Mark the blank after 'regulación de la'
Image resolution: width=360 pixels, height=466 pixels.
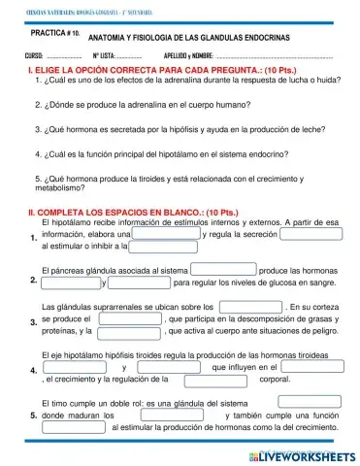point(213,380)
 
